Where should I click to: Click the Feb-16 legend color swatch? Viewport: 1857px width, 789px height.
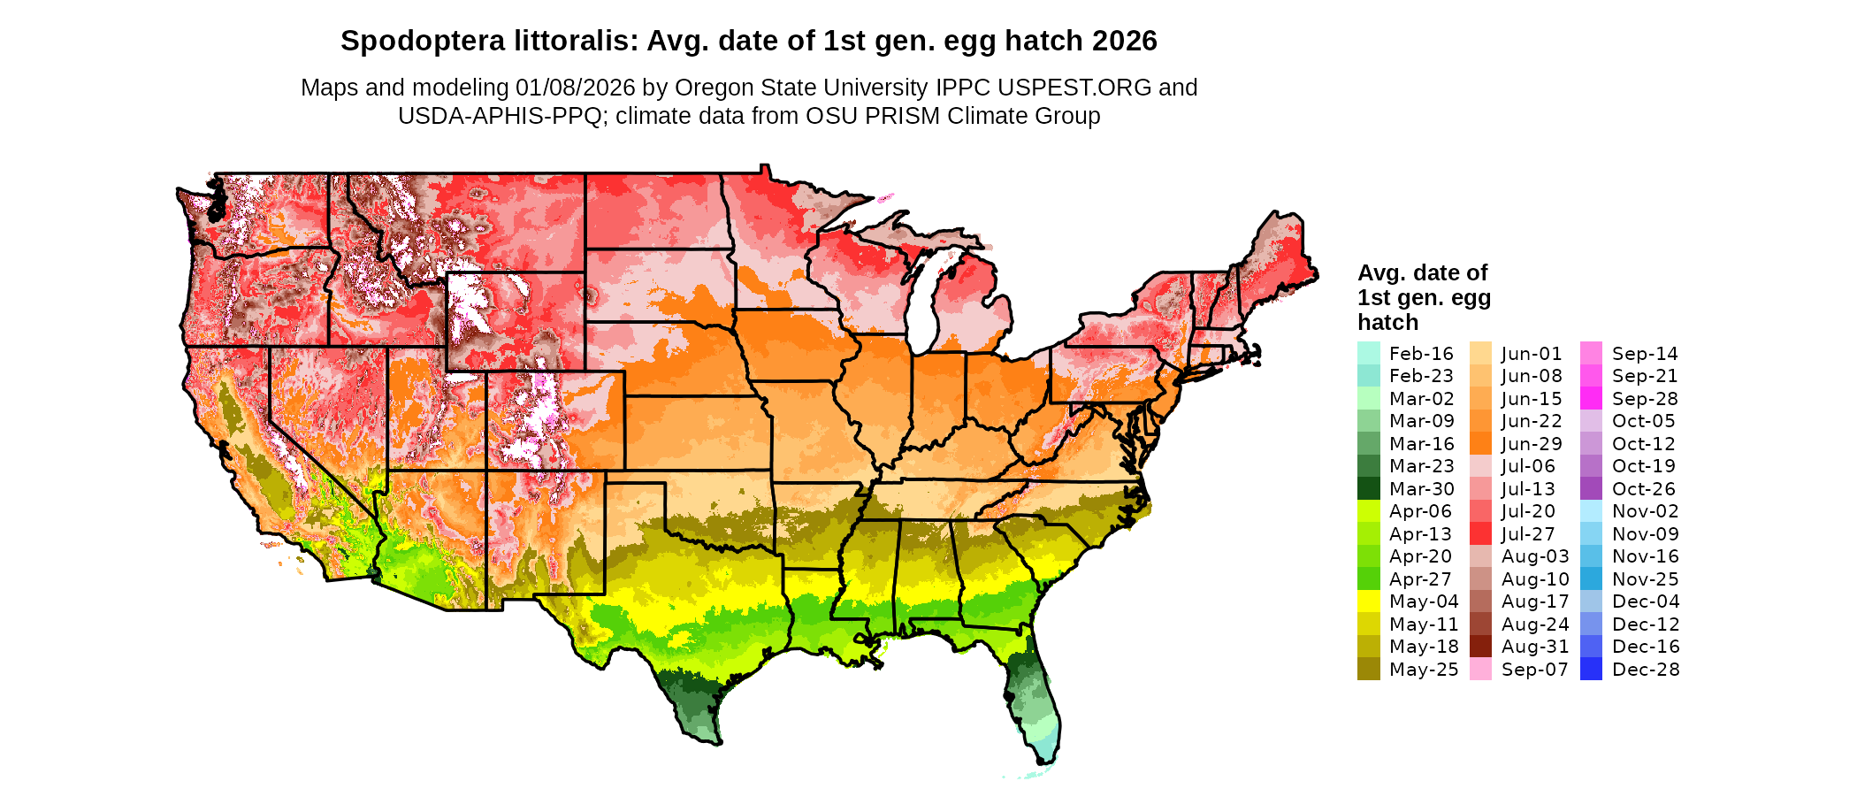pyautogui.click(x=1368, y=353)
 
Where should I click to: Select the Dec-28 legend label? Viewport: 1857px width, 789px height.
pyautogui.click(x=1645, y=670)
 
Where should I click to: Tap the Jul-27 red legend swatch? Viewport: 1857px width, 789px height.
pyautogui.click(x=1480, y=534)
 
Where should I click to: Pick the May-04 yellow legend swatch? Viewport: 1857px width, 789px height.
pyautogui.click(x=1368, y=601)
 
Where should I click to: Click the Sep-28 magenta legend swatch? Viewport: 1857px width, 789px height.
pyautogui.click(x=1591, y=399)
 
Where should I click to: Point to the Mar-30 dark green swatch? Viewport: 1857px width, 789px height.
pyautogui.click(x=1368, y=489)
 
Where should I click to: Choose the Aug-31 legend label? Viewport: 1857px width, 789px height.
pyautogui.click(x=1534, y=647)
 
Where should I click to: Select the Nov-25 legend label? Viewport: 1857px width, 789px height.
pyautogui.click(x=1645, y=579)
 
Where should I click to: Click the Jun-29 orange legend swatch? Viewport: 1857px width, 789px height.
pyautogui.click(x=1480, y=444)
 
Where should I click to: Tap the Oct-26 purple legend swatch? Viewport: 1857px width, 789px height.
pyautogui.click(x=1591, y=489)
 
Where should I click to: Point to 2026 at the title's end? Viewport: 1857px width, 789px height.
pyautogui.click(x=1124, y=41)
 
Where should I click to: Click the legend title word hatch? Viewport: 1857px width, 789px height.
pyautogui.click(x=1387, y=322)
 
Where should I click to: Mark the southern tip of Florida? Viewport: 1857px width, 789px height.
pyautogui.click(x=1043, y=761)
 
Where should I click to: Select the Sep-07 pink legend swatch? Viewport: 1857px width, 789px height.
pyautogui.click(x=1480, y=670)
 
